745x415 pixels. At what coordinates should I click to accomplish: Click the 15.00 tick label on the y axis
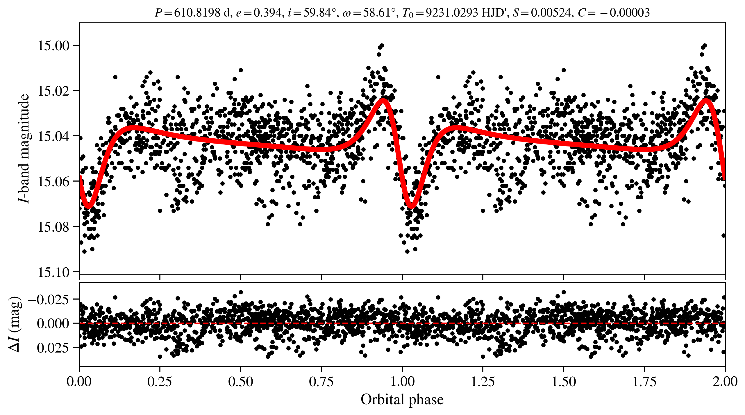[54, 46]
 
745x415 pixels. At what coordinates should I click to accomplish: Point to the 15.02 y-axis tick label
[54, 91]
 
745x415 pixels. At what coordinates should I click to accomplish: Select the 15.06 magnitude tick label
[54, 181]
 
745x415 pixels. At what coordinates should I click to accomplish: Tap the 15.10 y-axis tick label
[54, 272]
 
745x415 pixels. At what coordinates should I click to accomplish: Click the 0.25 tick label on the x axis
[160, 381]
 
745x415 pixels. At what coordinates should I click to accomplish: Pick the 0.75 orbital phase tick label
[321, 381]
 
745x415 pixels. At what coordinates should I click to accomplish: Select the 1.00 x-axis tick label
[402, 381]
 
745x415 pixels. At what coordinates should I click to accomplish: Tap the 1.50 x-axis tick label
[564, 381]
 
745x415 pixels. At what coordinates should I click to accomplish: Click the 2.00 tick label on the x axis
[725, 381]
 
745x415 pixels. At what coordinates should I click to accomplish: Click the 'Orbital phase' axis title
[402, 400]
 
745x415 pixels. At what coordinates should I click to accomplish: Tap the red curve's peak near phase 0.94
[383, 101]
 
